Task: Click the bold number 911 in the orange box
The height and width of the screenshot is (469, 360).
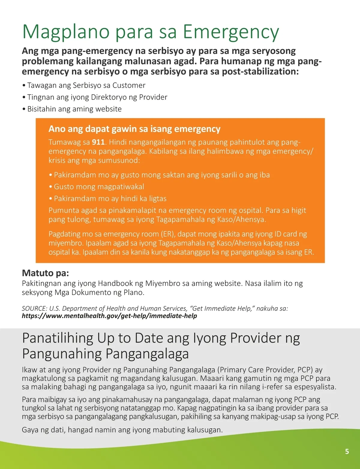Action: coord(98,142)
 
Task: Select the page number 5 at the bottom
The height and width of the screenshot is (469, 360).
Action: coord(347,452)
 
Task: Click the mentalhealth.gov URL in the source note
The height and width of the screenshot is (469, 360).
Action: coord(109,316)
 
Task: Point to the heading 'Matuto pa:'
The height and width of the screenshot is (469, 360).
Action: coord(45,273)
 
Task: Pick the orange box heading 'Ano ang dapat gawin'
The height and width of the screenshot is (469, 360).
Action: coord(134,129)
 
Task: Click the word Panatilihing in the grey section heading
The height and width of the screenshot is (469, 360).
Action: coord(58,338)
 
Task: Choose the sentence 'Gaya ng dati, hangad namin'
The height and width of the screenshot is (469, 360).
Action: coord(122,430)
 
